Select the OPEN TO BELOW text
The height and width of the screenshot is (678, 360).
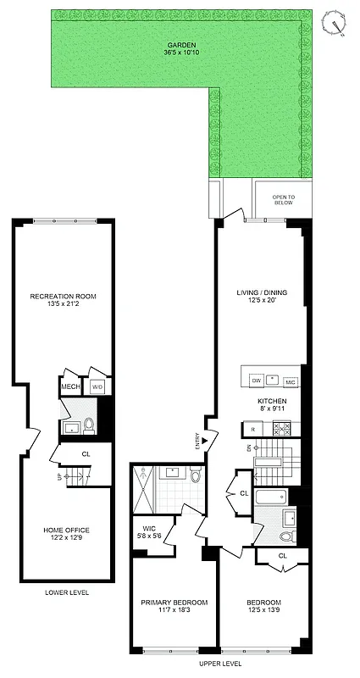[283, 201]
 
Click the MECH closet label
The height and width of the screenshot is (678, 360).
[69, 387]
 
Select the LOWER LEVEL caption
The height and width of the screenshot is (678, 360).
[67, 592]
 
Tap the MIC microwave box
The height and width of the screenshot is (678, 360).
[290, 381]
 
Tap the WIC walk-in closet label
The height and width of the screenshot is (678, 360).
[151, 534]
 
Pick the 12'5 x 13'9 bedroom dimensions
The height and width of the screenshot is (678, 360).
[264, 610]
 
